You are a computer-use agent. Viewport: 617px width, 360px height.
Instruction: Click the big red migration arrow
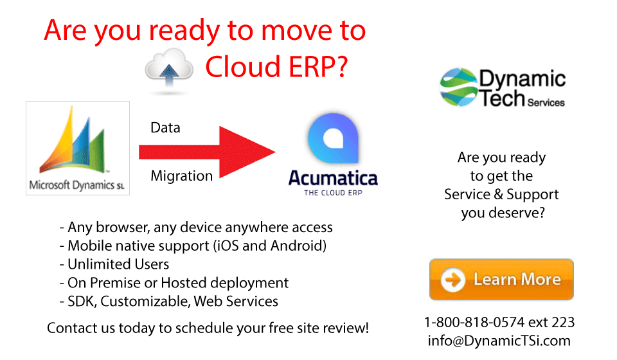pyautogui.click(x=207, y=152)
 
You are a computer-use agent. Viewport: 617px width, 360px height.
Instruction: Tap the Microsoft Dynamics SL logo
pyautogui.click(x=78, y=148)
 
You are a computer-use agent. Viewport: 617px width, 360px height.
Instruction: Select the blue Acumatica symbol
pyautogui.click(x=334, y=138)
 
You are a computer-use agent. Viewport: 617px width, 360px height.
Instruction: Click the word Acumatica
pyautogui.click(x=333, y=178)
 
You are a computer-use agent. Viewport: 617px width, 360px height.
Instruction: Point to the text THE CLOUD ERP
pyautogui.click(x=333, y=193)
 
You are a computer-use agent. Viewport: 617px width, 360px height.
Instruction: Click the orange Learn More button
pyautogui.click(x=501, y=280)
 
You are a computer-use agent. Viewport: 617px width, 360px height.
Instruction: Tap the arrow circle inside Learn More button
pyautogui.click(x=453, y=280)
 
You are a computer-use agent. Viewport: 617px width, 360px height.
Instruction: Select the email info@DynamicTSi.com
pyautogui.click(x=499, y=341)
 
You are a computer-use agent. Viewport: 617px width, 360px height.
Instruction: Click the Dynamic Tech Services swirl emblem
pyautogui.click(x=459, y=87)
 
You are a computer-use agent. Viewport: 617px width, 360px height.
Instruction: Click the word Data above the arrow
pyautogui.click(x=165, y=128)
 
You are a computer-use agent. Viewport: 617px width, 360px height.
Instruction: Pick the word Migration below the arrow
pyautogui.click(x=181, y=176)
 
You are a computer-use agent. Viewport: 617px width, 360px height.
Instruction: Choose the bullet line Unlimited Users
pyautogui.click(x=114, y=264)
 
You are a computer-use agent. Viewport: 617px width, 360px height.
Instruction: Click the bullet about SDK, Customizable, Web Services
pyautogui.click(x=169, y=301)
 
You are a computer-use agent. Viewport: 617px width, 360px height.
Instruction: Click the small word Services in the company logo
pyautogui.click(x=546, y=103)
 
